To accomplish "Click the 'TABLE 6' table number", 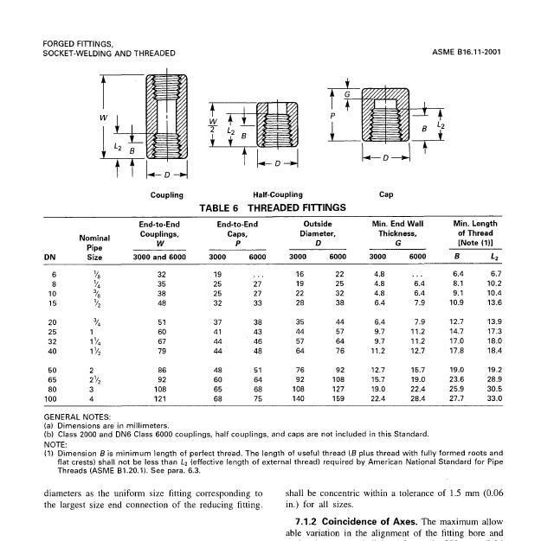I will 222,207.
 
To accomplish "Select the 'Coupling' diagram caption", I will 166,194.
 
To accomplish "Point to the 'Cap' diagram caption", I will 386,194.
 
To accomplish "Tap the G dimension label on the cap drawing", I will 348,94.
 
